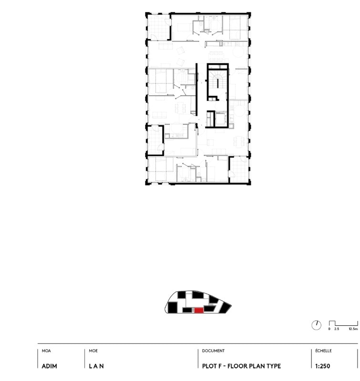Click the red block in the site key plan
199,311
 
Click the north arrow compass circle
317,325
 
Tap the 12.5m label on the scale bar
353,329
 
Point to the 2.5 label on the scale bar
337,329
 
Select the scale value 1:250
322,366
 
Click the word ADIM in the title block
50,366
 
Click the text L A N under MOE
96,366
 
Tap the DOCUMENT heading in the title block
213,351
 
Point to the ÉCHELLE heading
323,351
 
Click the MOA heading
46,351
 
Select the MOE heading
93,351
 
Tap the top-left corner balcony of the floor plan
159,27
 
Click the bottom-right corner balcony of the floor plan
239,170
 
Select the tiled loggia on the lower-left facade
155,140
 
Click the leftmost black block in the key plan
173,307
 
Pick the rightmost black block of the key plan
225,307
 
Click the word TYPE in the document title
273,366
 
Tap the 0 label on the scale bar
329,329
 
